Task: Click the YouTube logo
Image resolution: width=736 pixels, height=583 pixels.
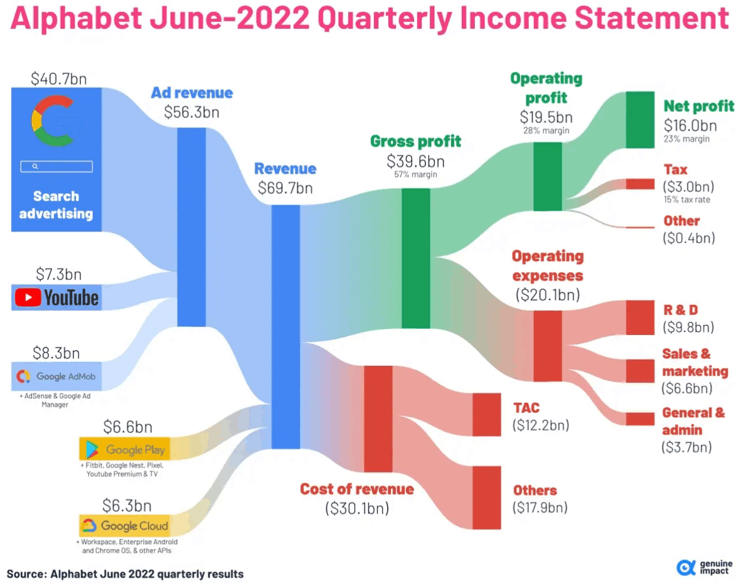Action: coord(56,297)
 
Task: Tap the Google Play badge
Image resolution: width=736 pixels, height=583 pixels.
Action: coord(124,449)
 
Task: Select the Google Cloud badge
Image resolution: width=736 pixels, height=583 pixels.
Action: coord(124,526)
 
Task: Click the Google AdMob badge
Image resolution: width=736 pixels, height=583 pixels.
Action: coord(56,377)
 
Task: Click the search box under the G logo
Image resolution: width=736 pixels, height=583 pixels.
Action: coord(56,166)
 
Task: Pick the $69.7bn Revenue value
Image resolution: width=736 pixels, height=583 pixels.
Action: coord(285,188)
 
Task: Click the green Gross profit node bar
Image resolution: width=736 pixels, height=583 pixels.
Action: coord(415,258)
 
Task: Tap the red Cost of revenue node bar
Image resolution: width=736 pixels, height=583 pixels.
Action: coord(378,418)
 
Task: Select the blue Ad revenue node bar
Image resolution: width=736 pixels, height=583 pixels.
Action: coord(191,227)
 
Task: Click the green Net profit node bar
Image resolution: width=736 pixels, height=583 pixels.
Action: coord(640,119)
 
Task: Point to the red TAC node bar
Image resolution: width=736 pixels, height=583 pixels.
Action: coord(487,414)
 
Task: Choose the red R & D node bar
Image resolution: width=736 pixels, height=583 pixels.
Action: coord(640,318)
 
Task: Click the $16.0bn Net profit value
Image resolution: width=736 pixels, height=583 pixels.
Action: coord(690,125)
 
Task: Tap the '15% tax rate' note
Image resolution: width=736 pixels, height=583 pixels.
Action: coord(686,200)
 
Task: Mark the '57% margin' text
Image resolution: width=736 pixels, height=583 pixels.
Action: coord(415,174)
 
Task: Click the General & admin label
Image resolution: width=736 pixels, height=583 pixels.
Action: coord(693,421)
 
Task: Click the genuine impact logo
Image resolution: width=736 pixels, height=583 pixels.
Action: coord(703,567)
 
